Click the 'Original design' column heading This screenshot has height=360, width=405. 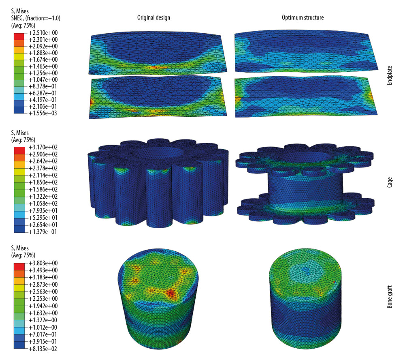click(x=153, y=18)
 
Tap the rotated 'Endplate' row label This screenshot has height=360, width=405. click(x=390, y=77)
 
